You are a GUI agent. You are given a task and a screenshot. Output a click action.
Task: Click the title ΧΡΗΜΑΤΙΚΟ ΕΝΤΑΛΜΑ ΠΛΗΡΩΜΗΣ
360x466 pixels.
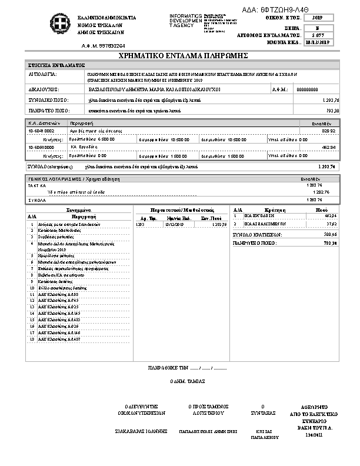[x=182, y=55]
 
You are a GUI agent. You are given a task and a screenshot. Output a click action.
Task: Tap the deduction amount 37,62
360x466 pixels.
[x=331, y=224]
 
